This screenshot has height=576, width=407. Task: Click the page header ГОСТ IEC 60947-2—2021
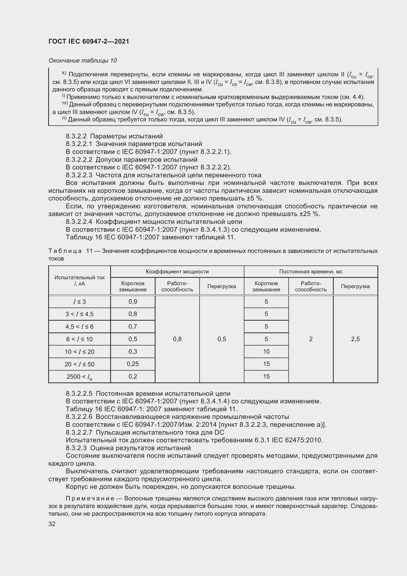(89, 42)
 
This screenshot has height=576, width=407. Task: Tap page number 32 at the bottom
(52, 524)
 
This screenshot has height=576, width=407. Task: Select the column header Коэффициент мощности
(177, 271)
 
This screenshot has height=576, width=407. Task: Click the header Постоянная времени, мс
(311, 271)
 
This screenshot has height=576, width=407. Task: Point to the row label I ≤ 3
(79, 302)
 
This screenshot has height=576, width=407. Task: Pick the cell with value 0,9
(133, 302)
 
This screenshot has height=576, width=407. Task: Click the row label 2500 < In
(79, 377)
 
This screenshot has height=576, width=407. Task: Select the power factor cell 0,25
(133, 364)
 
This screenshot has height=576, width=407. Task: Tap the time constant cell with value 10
(266, 351)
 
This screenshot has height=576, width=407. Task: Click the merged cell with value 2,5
(355, 339)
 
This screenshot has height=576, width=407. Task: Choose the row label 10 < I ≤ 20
(79, 352)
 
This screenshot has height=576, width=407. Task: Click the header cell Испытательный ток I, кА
(79, 280)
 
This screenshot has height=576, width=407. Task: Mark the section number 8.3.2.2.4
(79, 222)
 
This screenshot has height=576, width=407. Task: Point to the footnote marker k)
(64, 73)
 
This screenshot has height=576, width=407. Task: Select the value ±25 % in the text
(310, 214)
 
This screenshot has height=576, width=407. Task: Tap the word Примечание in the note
(90, 498)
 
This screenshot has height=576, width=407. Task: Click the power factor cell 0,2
(133, 376)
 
